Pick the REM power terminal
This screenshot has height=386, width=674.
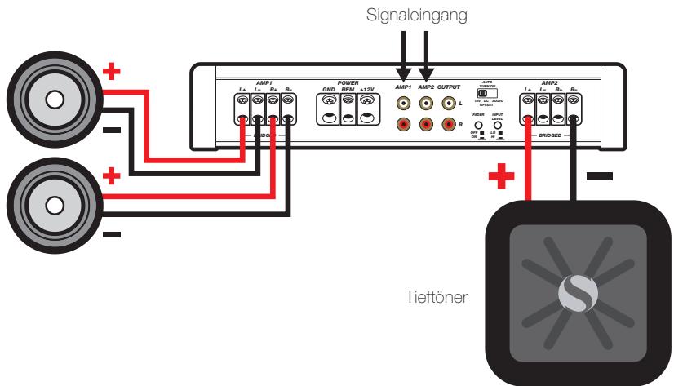[349, 109]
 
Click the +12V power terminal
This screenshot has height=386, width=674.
[368, 109]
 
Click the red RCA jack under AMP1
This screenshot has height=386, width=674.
[403, 124]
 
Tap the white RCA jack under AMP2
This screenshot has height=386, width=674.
[425, 104]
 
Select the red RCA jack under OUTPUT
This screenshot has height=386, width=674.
[447, 124]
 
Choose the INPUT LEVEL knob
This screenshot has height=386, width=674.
[497, 126]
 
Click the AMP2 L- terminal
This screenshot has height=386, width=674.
[544, 109]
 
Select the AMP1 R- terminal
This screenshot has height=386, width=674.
[288, 109]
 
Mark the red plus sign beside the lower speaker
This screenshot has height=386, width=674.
[112, 177]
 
